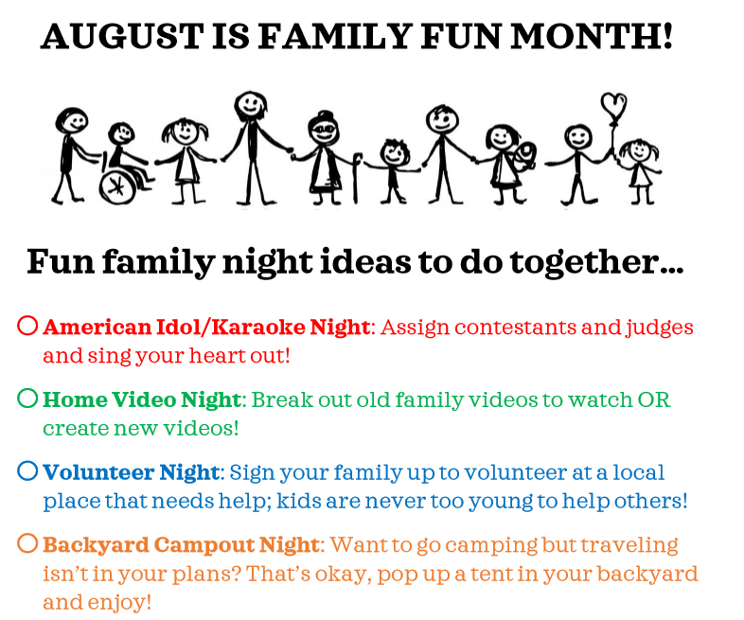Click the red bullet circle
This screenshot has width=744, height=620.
27,327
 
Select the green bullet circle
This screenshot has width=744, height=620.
27,399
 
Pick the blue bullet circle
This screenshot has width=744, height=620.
27,470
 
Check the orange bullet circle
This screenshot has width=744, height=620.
27,543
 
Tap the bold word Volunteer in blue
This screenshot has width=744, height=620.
98,471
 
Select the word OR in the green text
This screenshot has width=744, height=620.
652,399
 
